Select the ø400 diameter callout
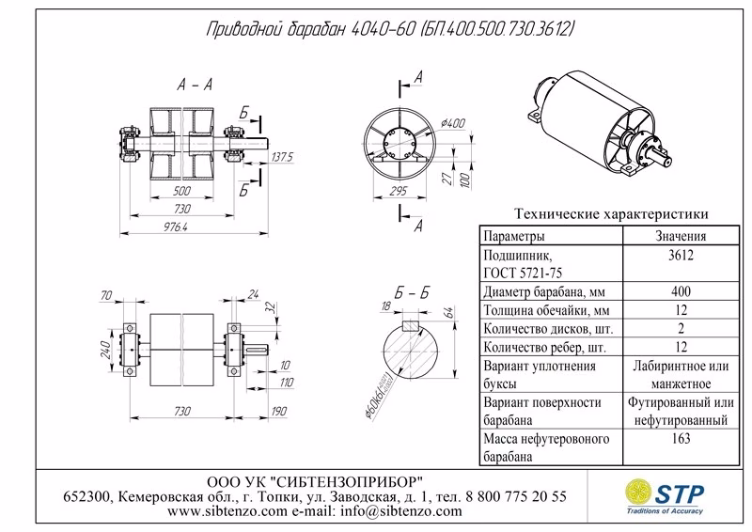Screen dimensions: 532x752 point(455,123)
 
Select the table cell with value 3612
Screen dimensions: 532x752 point(681,255)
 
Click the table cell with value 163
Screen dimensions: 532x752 point(681,439)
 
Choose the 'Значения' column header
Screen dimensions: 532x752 point(681,237)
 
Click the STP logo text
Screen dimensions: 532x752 point(688,489)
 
